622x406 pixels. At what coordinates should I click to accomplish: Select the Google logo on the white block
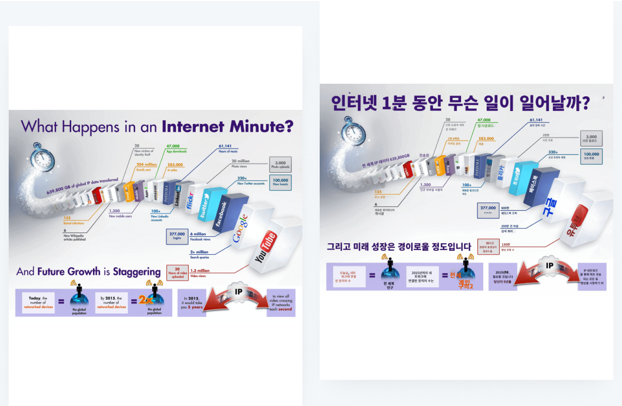[240, 228]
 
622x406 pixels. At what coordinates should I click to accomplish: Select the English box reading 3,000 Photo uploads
[281, 164]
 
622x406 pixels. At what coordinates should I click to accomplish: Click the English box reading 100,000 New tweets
[281, 182]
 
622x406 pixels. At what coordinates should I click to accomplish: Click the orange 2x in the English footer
[145, 300]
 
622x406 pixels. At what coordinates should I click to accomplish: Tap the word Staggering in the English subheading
[138, 272]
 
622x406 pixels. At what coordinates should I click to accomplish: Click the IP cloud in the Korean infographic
[549, 266]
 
